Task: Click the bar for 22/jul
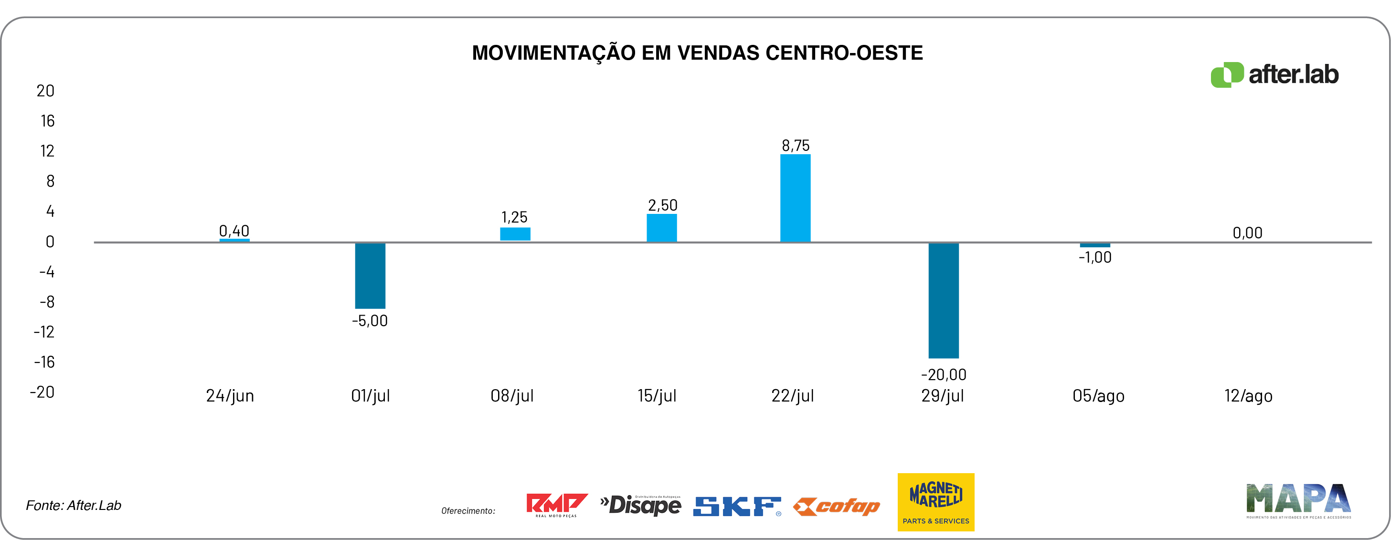795,198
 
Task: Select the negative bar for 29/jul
944,300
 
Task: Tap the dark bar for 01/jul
370,275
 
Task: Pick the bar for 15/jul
661,228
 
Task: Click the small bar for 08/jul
515,234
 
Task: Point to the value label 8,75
796,145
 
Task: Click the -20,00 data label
944,374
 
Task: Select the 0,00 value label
1247,233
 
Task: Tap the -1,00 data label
1094,257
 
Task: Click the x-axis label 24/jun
230,396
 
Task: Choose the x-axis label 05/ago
1098,396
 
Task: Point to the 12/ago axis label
1248,396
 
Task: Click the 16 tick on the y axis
48,121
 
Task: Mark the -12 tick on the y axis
44,331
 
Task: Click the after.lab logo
1274,74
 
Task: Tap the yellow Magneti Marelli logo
936,502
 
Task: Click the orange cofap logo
837,507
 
